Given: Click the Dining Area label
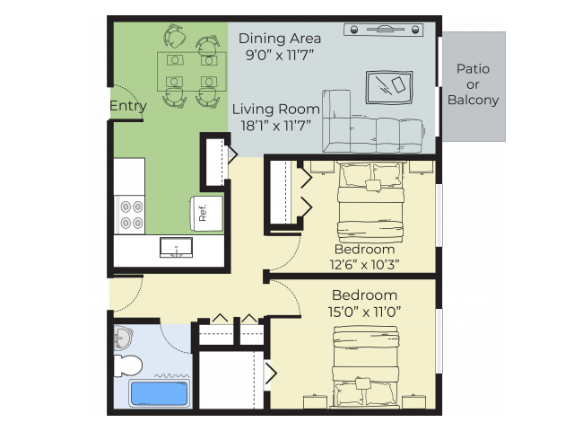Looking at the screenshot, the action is tap(280, 39).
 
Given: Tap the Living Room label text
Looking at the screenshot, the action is tap(276, 110).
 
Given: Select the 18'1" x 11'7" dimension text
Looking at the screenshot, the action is tap(275, 126).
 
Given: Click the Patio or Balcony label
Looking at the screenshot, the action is tap(473, 84).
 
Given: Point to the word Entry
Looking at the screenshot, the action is tap(128, 106).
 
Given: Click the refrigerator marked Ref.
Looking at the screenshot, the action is tap(206, 214).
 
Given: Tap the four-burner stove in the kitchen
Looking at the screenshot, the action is tap(129, 215).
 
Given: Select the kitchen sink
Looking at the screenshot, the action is tap(176, 248).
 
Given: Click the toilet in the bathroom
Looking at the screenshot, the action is tap(127, 365).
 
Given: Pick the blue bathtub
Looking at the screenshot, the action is tap(160, 393).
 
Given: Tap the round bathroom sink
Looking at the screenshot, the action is tap(123, 337).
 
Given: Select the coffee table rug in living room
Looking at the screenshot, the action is tap(389, 88).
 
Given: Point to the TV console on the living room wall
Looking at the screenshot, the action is tap(384, 30).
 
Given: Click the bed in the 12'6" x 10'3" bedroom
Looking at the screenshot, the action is tap(370, 202).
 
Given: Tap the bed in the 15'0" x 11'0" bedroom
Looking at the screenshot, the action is tap(365, 367).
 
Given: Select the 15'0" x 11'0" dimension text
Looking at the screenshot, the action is tap(364, 312).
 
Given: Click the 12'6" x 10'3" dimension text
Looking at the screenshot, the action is tap(364, 264).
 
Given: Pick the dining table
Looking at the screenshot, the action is tap(192, 72).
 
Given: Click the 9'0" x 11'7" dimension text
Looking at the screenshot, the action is tap(280, 55).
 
